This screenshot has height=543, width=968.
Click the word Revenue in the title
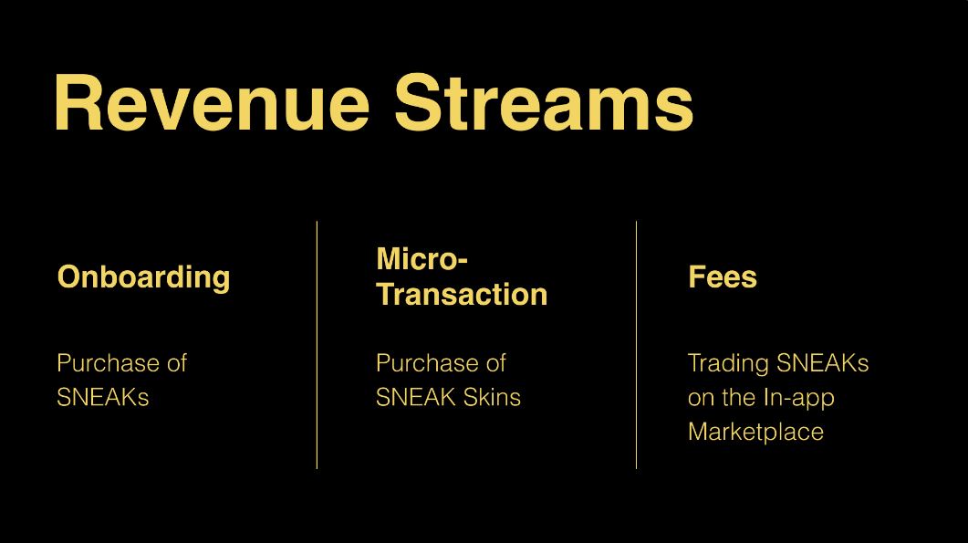click(x=213, y=102)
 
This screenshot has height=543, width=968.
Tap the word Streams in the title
click(x=544, y=102)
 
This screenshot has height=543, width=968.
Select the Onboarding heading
click(x=143, y=277)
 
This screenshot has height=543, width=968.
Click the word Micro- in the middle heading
click(x=422, y=258)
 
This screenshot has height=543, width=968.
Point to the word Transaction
click(x=462, y=294)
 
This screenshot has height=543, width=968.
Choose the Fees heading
click(x=723, y=277)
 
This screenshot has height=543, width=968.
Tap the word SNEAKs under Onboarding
click(x=102, y=397)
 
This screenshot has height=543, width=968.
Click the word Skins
click(x=492, y=397)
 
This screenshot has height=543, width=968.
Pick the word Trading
click(x=728, y=364)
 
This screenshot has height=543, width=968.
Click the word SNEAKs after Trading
click(x=822, y=363)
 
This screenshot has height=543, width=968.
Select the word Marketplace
click(x=755, y=432)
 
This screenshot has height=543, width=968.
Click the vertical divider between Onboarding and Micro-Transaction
click(x=317, y=345)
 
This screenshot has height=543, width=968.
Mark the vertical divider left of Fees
click(x=637, y=345)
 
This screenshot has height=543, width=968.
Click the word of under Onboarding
click(x=177, y=362)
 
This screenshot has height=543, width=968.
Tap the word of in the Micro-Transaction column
click(x=496, y=362)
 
